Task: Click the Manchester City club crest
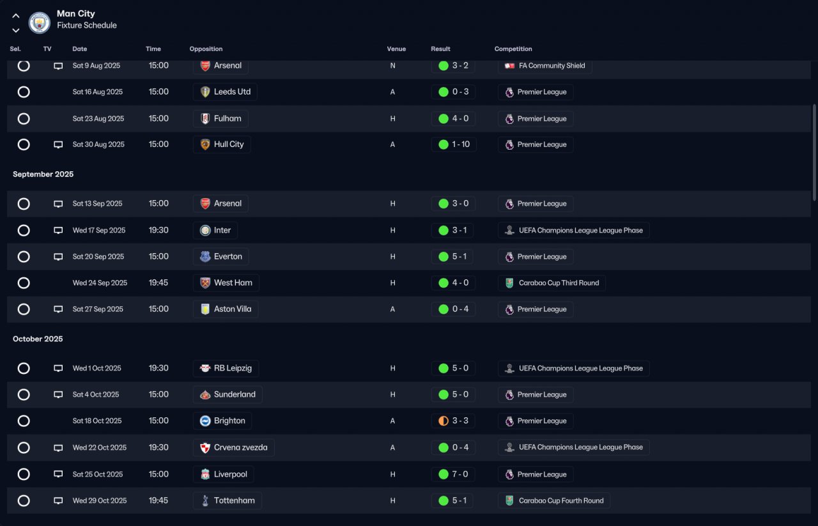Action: click(x=40, y=22)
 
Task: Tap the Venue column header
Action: click(x=396, y=49)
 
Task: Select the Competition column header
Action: click(x=513, y=49)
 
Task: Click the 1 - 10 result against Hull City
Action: click(x=461, y=144)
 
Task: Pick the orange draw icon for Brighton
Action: click(x=444, y=421)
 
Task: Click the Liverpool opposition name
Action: click(x=231, y=474)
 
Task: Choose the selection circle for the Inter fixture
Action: click(x=24, y=231)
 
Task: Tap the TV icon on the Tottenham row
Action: click(x=58, y=500)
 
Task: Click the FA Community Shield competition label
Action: click(x=552, y=66)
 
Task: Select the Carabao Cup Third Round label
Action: click(x=559, y=282)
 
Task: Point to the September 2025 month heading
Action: click(x=43, y=174)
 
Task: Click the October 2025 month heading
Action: click(x=38, y=339)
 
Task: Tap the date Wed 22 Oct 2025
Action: click(x=99, y=447)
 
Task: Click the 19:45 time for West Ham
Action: click(x=158, y=282)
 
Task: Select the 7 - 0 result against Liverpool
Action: click(x=460, y=474)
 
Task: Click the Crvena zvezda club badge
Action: click(x=205, y=448)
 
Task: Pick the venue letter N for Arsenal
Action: click(x=392, y=66)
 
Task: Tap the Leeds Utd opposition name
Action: click(x=232, y=91)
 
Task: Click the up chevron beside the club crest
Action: click(x=16, y=16)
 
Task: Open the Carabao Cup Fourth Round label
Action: click(x=561, y=500)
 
